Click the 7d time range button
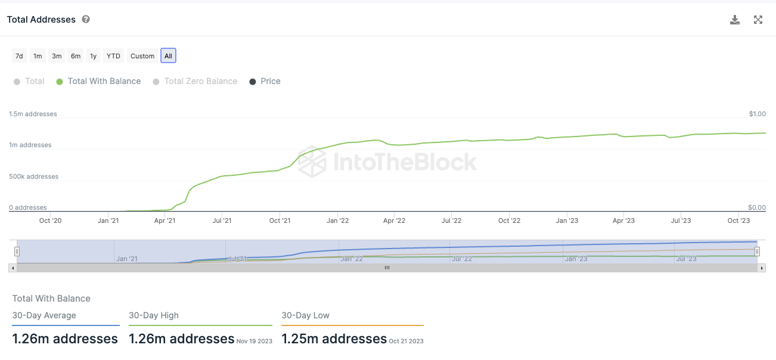tap(19, 56)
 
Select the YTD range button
tap(113, 56)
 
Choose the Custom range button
tap(142, 56)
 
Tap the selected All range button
tap(168, 56)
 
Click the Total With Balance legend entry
tap(99, 81)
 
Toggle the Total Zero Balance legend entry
tap(195, 81)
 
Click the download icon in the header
tap(735, 20)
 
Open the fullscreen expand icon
tap(758, 20)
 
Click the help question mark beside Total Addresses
tap(86, 20)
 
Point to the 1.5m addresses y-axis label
tap(33, 114)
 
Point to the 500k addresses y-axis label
tap(33, 176)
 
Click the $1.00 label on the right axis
tap(757, 114)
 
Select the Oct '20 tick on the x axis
tap(50, 221)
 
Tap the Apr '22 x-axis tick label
tap(394, 221)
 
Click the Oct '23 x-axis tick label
tap(738, 221)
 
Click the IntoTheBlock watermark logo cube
tap(312, 162)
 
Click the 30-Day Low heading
tap(305, 315)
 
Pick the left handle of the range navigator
tap(17, 252)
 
